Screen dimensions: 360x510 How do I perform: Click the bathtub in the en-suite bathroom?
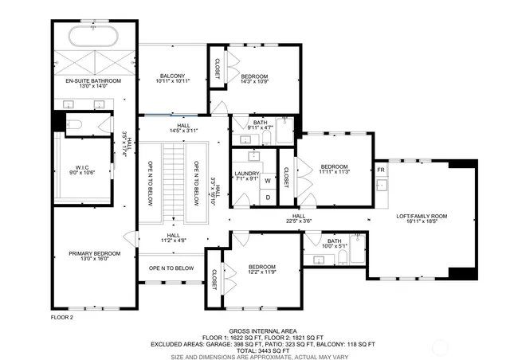click(x=93, y=37)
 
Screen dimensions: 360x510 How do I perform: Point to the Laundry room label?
click(x=245, y=176)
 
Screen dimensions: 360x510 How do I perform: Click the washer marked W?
click(x=268, y=180)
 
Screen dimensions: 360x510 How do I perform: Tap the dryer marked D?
click(x=268, y=197)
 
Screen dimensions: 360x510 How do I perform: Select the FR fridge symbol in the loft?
click(x=381, y=170)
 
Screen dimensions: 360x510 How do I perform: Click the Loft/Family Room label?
click(x=422, y=219)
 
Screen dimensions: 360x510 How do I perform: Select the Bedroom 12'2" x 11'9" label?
click(x=261, y=270)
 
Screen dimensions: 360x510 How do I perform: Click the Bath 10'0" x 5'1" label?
click(x=334, y=243)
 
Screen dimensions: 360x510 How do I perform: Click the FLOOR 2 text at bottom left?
click(x=61, y=317)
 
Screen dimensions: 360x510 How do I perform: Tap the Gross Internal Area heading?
click(x=262, y=330)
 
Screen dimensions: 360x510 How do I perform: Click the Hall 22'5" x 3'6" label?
click(x=299, y=217)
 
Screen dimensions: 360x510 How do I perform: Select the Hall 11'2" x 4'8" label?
click(x=173, y=237)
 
